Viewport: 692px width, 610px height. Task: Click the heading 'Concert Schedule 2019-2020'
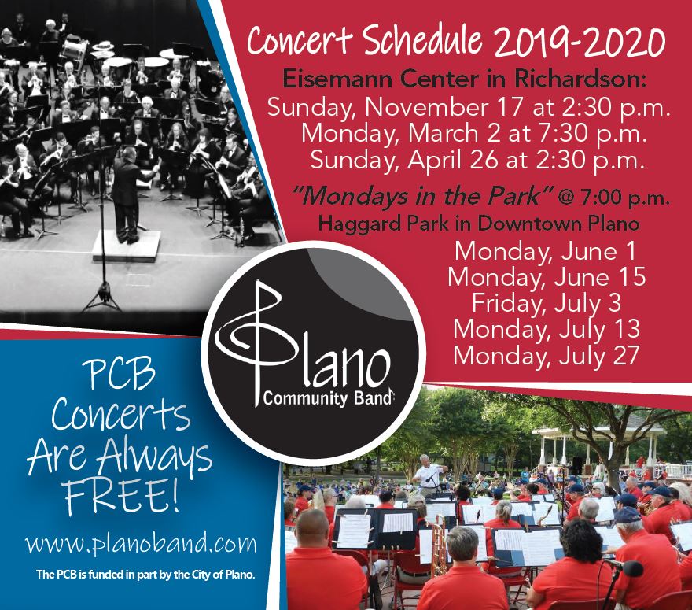(456, 42)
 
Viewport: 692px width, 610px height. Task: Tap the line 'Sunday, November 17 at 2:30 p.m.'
(469, 108)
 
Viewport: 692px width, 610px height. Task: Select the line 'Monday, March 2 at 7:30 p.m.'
(474, 134)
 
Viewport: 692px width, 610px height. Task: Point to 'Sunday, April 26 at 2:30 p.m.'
(477, 161)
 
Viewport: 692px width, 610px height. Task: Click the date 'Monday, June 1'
(546, 251)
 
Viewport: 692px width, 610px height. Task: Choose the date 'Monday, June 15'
(547, 277)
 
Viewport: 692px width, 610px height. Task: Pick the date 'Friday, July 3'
(547, 304)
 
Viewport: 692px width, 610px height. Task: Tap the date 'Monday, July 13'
(547, 330)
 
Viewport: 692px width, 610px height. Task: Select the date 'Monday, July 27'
(547, 356)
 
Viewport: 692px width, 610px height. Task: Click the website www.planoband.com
(141, 543)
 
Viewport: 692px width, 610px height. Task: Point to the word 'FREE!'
(121, 497)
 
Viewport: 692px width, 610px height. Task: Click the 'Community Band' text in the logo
(327, 399)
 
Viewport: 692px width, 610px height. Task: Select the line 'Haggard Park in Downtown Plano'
(479, 223)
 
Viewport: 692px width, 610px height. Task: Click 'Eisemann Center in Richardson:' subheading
(464, 79)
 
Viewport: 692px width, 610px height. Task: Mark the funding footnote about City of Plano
(145, 575)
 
